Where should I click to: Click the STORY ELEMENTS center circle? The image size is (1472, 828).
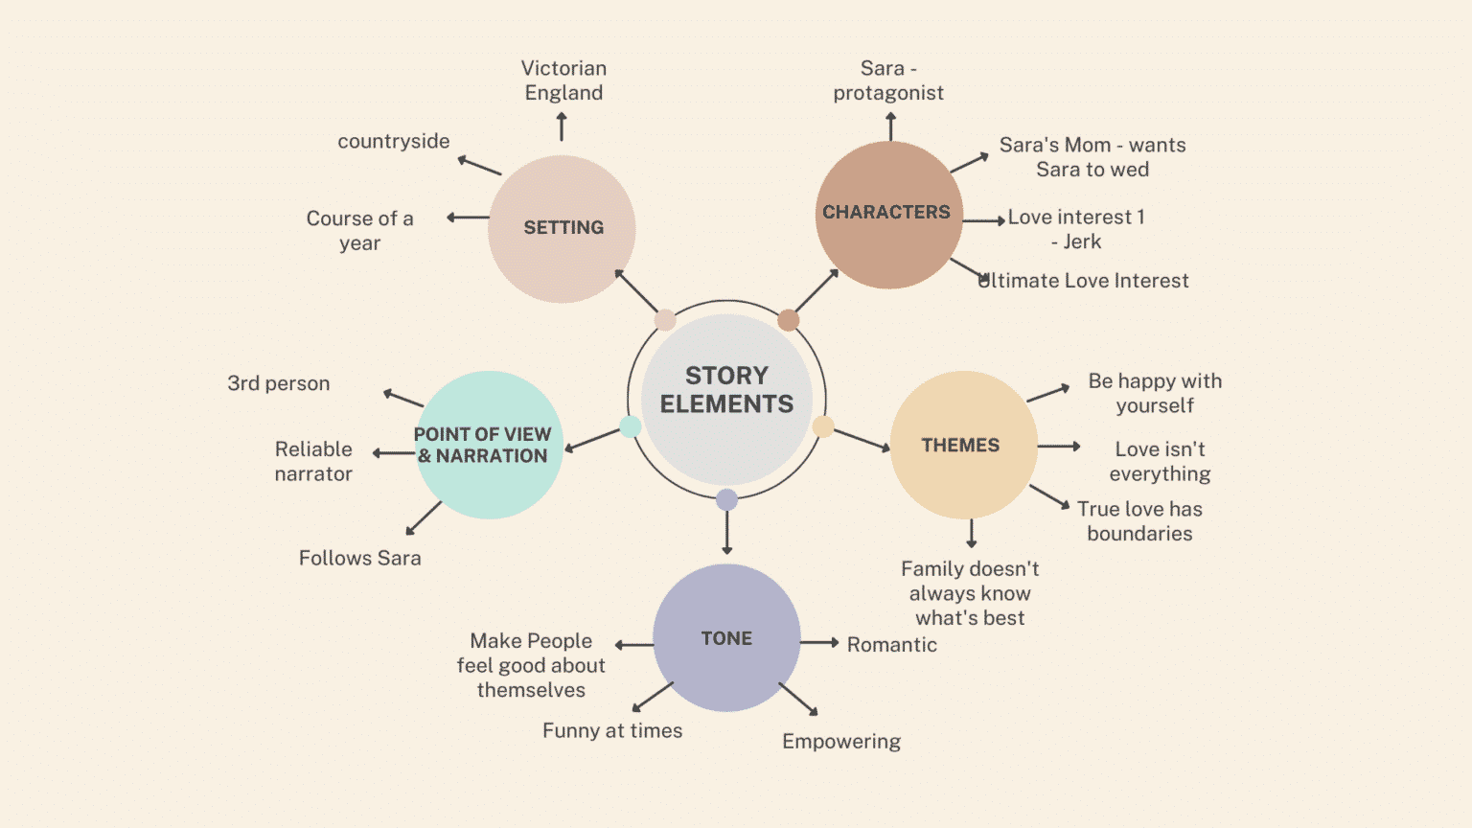726,399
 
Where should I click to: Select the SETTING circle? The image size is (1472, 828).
562,229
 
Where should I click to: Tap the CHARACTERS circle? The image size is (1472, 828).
888,215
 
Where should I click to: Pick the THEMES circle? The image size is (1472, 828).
963,446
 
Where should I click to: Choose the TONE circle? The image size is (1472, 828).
726,638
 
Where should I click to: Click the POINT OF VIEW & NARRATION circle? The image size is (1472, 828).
488,446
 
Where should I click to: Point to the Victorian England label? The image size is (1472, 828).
563,80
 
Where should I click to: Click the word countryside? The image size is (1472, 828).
393,142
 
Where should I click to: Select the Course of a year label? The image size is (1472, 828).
359,231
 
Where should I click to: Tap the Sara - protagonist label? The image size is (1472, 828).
888,80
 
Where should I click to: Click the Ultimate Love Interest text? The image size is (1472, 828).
1084,281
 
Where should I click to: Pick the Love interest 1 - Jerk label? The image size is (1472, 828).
1076,230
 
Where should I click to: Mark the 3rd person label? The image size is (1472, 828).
278,383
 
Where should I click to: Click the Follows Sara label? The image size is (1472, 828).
359,558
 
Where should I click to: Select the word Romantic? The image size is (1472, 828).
891,645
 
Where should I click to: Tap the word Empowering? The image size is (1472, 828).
841,742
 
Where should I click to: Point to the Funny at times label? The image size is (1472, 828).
612,731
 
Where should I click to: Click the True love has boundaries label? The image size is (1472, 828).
1139,521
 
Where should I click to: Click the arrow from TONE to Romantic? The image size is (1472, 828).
819,642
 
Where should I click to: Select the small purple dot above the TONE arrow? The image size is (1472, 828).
726,499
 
